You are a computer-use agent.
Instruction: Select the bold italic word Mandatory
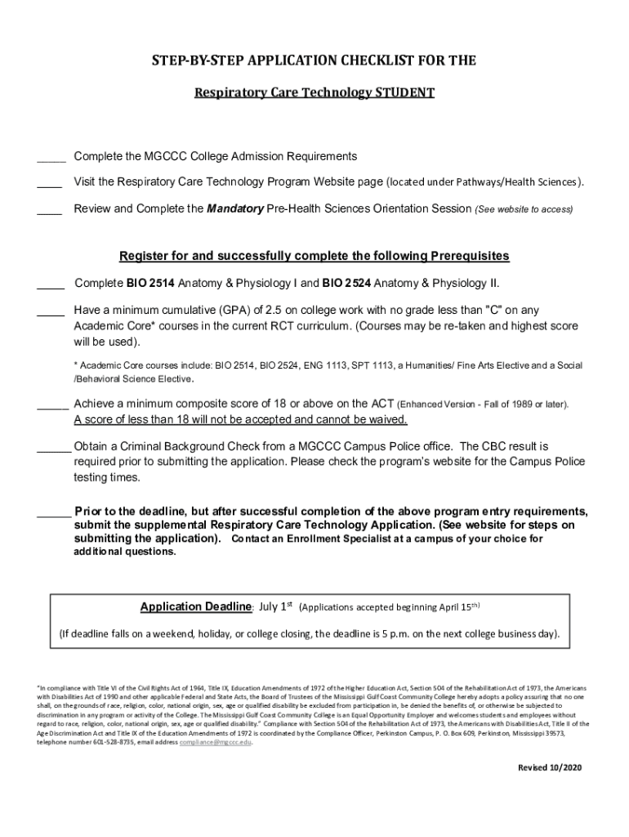235,208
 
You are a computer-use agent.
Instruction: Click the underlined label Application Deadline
195,606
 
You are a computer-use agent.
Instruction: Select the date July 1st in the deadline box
275,606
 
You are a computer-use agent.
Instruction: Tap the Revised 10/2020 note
549,768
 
